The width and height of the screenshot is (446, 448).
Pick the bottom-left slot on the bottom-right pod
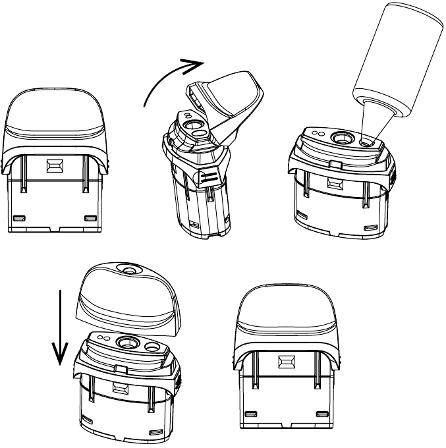[x=251, y=414]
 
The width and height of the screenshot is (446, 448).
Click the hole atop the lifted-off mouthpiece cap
[x=126, y=269]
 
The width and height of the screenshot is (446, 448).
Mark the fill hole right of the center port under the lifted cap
[x=151, y=345]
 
